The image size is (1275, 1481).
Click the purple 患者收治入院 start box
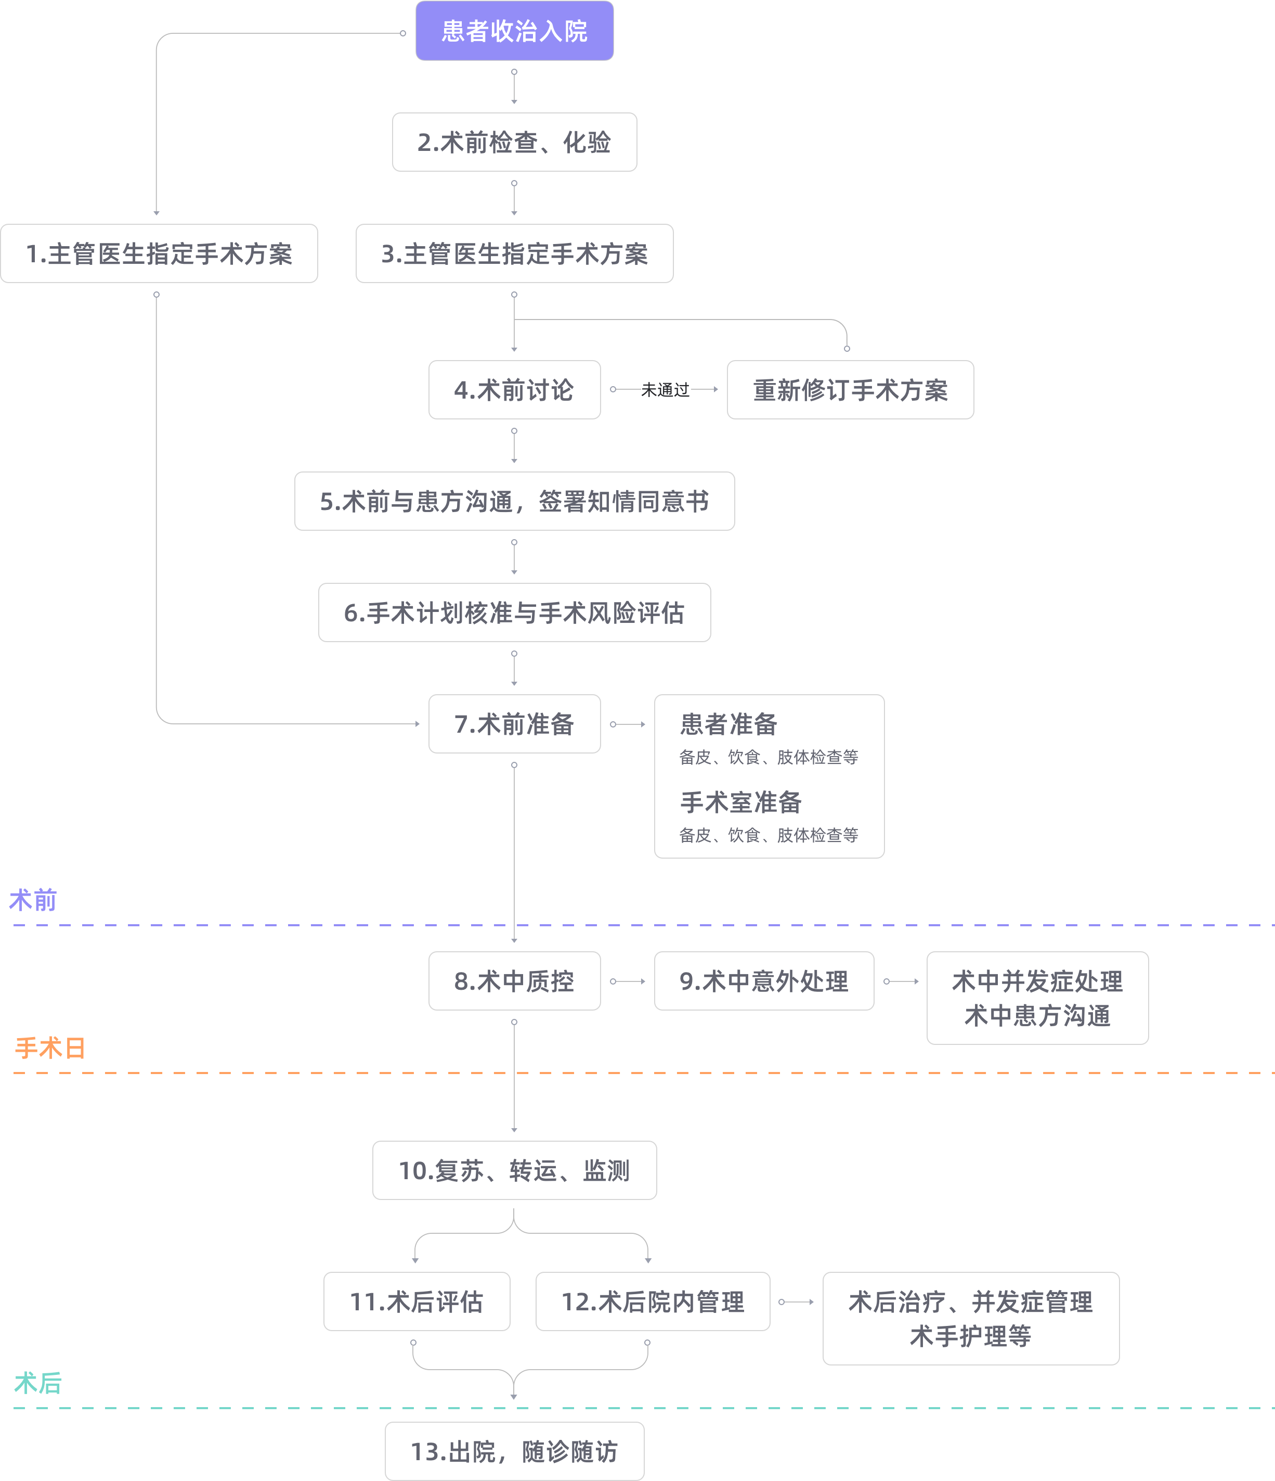pos(514,31)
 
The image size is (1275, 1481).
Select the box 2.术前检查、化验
pos(514,142)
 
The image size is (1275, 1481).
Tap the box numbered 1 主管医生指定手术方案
pos(159,254)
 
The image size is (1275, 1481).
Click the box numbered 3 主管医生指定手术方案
pos(514,254)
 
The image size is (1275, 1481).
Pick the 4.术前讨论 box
pos(514,390)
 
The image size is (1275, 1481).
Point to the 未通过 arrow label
pos(665,390)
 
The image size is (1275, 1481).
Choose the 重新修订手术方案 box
pos(850,390)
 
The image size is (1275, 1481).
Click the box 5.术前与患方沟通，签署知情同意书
pos(514,501)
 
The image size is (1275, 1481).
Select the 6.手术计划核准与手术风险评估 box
pos(514,612)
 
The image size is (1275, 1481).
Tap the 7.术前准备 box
pos(514,724)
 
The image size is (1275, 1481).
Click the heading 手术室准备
pos(740,802)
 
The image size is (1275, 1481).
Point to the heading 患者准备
pos(728,724)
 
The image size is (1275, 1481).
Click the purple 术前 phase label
pos(33,900)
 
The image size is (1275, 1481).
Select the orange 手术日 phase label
pos(50,1048)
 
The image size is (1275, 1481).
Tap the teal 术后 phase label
pos(38,1383)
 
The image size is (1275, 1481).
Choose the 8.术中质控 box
pos(514,981)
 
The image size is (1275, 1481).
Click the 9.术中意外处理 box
pos(763,981)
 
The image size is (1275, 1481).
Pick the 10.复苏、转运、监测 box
pos(514,1170)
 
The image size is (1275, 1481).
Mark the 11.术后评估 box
pos(417,1301)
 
